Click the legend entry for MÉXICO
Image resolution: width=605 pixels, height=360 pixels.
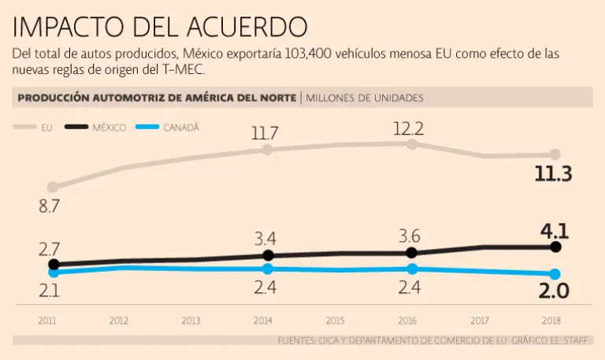[108, 128]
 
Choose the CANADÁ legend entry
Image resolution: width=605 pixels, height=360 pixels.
[180, 128]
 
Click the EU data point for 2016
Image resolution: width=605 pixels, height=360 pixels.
[411, 144]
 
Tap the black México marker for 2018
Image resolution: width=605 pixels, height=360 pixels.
[555, 247]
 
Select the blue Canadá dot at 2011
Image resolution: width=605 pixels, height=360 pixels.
[53, 273]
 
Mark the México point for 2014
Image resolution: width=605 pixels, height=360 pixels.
[268, 255]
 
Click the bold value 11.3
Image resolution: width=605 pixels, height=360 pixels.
[552, 175]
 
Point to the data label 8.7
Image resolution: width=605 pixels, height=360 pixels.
[50, 208]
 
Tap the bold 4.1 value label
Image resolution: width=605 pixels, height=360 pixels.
[555, 231]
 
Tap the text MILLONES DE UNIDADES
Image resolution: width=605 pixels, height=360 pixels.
[365, 98]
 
